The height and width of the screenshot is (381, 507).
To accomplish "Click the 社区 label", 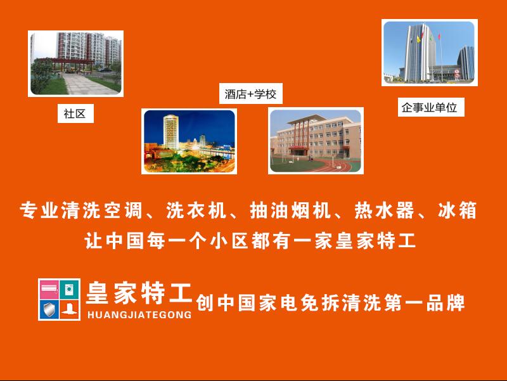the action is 75,113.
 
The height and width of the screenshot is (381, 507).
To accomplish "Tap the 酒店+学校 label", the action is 250,94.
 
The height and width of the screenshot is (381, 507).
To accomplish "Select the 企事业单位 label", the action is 431,107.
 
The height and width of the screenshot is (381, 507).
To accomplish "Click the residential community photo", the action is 75,63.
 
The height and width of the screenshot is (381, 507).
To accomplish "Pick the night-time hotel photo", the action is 189,141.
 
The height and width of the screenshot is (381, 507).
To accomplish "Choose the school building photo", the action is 316,141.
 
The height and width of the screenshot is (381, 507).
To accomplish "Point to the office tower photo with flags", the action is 430,53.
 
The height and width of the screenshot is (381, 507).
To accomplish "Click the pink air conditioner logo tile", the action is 49,289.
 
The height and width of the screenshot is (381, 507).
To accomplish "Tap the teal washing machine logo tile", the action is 70,289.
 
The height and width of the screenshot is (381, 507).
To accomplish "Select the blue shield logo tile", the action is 49,310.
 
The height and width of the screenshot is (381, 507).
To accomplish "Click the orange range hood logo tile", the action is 70,310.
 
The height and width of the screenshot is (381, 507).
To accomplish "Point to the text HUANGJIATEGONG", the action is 139,314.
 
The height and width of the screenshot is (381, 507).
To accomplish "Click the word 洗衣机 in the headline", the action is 196,210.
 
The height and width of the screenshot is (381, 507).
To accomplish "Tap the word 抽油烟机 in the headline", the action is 290,210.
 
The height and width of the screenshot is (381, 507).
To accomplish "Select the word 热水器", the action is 384,210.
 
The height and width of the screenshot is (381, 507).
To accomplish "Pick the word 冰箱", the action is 457,210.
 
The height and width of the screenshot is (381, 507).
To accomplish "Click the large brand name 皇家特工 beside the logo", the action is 139,293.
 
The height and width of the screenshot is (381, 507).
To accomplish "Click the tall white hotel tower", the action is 171,132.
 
